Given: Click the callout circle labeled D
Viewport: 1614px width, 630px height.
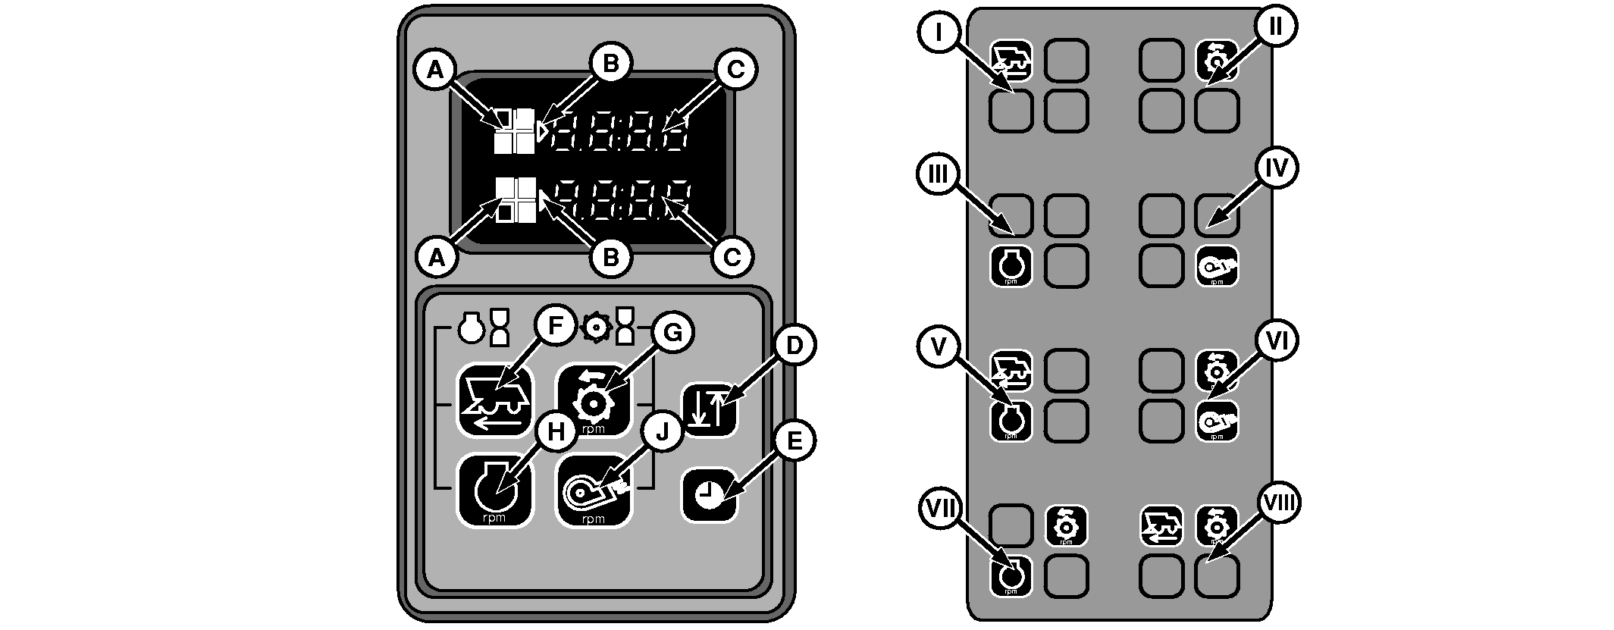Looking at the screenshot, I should point(793,346).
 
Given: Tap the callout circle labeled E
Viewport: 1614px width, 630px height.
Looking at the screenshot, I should point(793,441).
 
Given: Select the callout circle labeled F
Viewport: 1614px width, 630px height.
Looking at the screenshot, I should point(555,327).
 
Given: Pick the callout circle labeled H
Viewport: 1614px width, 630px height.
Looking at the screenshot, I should point(556,431).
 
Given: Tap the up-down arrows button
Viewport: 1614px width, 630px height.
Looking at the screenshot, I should point(710,410).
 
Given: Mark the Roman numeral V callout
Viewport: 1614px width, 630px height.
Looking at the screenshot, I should point(939,347).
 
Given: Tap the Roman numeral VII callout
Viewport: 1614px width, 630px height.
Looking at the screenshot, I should point(940,507).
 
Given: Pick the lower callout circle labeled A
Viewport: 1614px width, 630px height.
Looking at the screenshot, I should point(436,258).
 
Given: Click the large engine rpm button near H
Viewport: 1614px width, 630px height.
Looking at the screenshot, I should point(494,491).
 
